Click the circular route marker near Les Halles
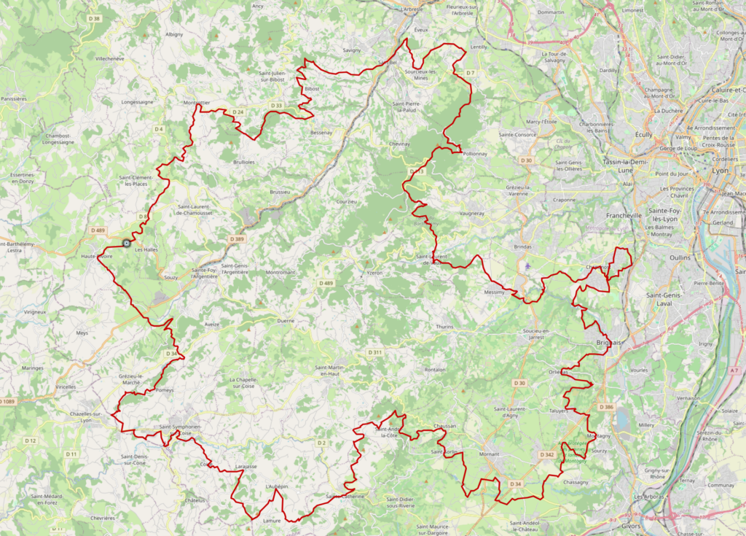tap(127, 244)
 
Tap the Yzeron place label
tap(374, 272)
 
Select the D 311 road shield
tap(374, 352)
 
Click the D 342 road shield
tap(547, 454)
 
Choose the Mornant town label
tap(490, 454)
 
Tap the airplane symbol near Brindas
tap(527, 266)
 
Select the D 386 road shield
tap(606, 406)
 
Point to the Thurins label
tap(444, 327)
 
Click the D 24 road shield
tap(237, 112)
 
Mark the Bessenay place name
tap(321, 133)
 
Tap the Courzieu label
tap(346, 201)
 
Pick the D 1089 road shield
tap(7, 401)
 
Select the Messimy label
tap(494, 292)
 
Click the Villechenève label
tap(110, 58)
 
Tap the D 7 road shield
tap(470, 73)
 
